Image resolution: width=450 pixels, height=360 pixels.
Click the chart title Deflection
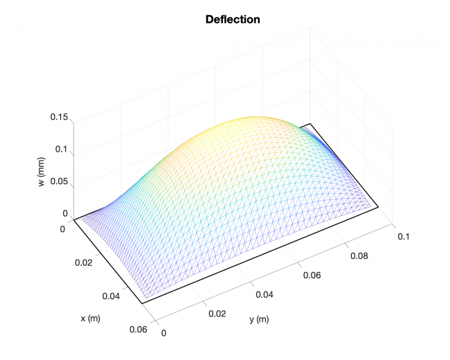tap(233, 19)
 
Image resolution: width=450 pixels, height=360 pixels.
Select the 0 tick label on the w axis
tap(65, 214)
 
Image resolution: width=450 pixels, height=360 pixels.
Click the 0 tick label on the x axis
tap(64, 228)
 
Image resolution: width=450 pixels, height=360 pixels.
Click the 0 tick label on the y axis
tap(164, 332)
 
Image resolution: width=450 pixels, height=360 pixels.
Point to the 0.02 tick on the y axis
tap(217, 313)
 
